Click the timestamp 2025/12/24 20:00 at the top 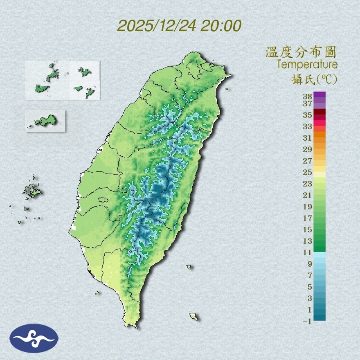click(179, 26)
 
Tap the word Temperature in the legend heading click(307, 65)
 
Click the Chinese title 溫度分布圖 click(301, 52)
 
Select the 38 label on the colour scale click(308, 97)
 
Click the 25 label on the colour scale click(308, 172)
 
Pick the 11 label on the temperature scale click(308, 253)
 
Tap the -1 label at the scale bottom click(307, 322)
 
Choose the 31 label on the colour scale click(308, 138)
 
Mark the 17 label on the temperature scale click(308, 218)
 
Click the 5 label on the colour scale click(310, 287)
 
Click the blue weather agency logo click(34, 338)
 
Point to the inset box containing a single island click(45, 121)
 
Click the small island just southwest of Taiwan click(97, 293)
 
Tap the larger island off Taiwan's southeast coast click(194, 317)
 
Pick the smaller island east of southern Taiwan click(189, 267)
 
